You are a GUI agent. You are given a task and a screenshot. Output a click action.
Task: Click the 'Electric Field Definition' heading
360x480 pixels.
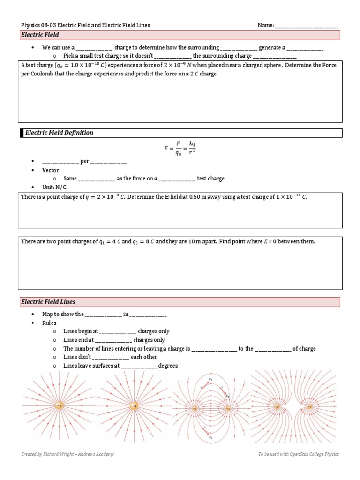point(59,133)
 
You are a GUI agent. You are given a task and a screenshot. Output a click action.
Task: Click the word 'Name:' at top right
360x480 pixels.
point(266,25)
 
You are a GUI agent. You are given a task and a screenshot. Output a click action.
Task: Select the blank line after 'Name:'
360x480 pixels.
point(307,26)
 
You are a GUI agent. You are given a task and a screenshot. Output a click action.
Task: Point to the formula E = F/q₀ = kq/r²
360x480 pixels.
point(180,149)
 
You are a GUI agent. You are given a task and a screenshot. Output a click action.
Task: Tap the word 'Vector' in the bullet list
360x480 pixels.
point(51,170)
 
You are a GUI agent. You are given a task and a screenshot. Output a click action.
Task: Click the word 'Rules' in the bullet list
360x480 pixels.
point(49,322)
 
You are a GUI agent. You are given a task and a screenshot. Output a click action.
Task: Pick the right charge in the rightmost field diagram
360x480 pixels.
point(310,406)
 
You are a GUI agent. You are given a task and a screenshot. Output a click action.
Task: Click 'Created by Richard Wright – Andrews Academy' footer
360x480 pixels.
point(67,454)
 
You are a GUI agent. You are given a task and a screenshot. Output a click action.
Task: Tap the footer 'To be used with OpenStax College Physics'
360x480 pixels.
point(298,454)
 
